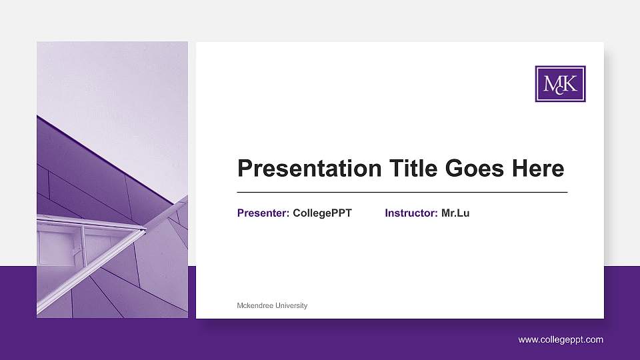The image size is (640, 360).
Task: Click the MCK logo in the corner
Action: pyautogui.click(x=560, y=84)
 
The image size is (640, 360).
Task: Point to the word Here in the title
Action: pyautogui.click(x=538, y=168)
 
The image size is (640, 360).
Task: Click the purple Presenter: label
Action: pyautogui.click(x=263, y=213)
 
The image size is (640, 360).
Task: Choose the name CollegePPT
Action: pyautogui.click(x=322, y=213)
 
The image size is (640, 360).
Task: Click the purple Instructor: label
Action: pyautogui.click(x=411, y=213)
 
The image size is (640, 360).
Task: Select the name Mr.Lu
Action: pyautogui.click(x=455, y=213)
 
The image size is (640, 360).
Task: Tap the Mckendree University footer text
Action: pyautogui.click(x=272, y=305)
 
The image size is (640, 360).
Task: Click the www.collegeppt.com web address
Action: pyautogui.click(x=561, y=340)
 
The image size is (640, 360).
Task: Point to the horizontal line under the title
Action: pyautogui.click(x=402, y=192)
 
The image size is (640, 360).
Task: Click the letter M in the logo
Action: pyautogui.click(x=551, y=83)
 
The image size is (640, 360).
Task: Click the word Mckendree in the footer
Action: pyautogui.click(x=254, y=305)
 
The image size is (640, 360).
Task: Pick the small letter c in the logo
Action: pyautogui.click(x=560, y=91)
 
